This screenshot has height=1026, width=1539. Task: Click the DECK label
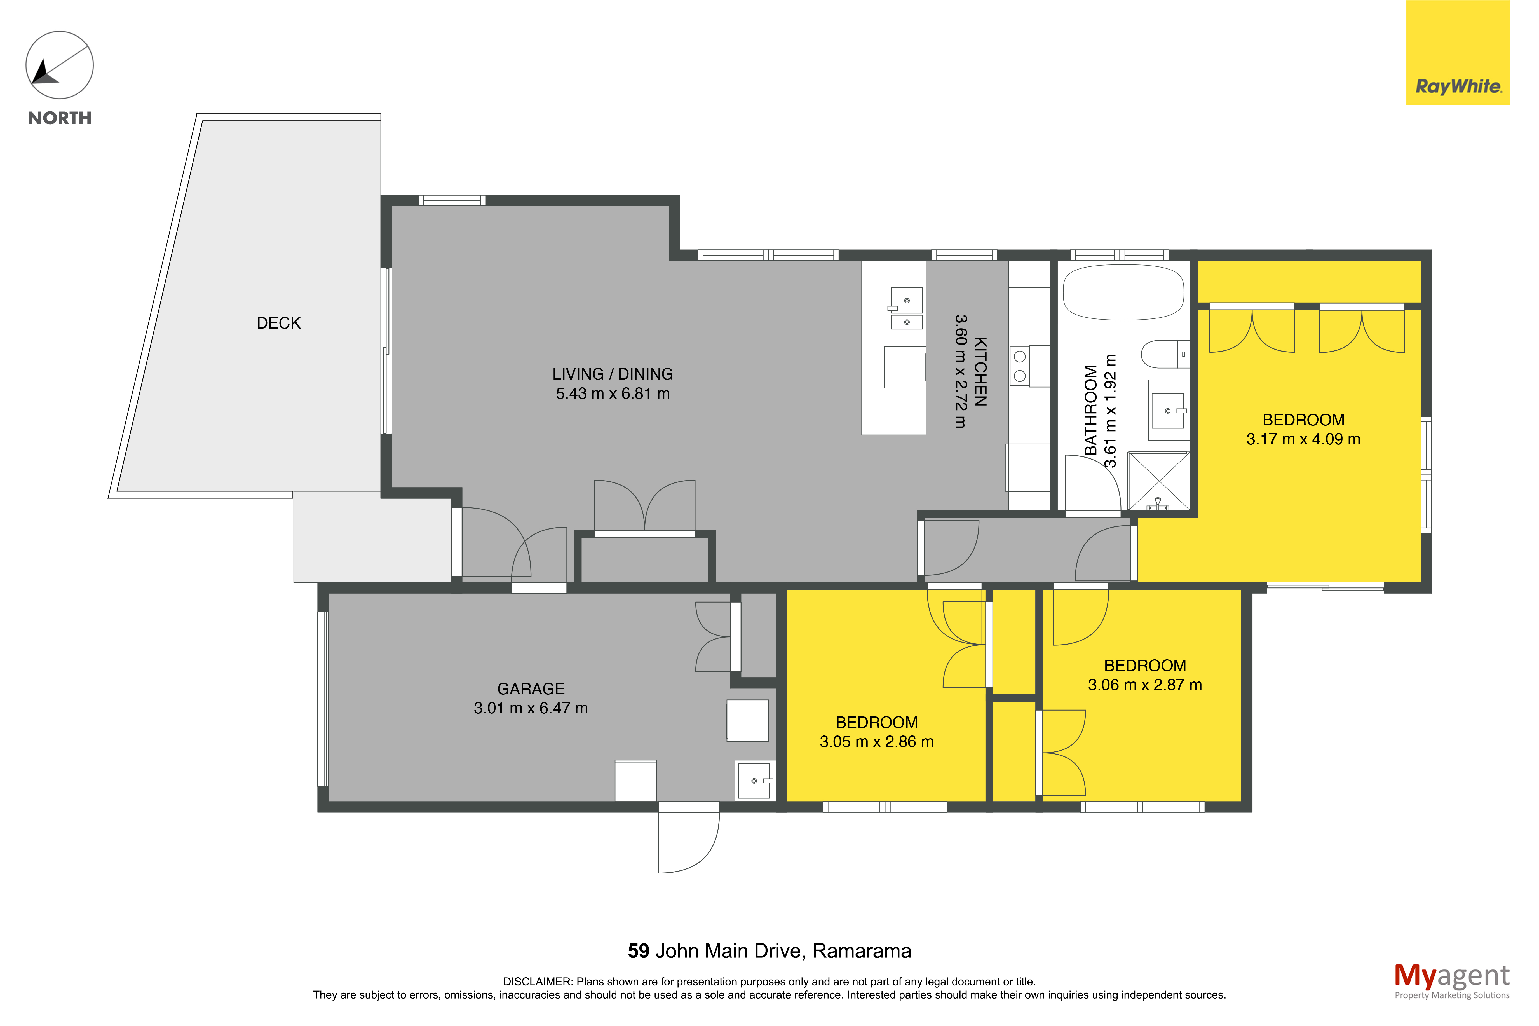279,323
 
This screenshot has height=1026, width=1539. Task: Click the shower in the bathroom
1158,481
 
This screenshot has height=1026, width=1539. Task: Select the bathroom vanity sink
1168,410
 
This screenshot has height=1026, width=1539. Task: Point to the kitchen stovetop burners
1020,366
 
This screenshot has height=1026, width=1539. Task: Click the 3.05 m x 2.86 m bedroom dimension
876,741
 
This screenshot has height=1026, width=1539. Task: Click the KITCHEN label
980,372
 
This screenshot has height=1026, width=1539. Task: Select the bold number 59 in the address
638,951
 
